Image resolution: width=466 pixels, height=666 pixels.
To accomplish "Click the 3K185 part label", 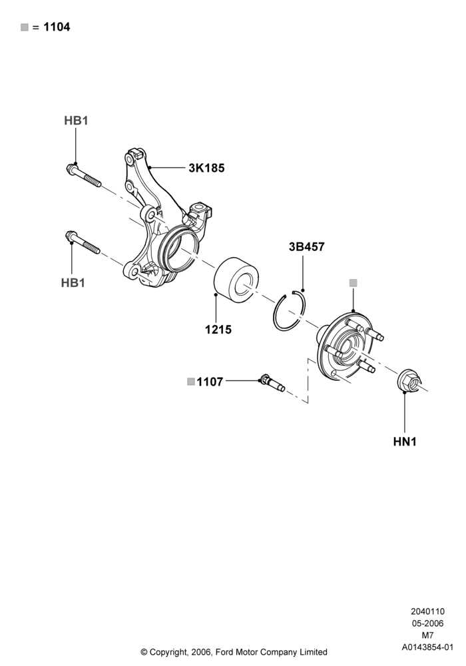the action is click(x=206, y=168).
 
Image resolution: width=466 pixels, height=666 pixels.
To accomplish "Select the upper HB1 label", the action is click(x=76, y=121).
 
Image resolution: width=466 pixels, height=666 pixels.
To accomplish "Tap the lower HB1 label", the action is click(x=73, y=283).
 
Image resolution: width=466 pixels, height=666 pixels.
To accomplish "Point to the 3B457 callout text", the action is click(x=306, y=247).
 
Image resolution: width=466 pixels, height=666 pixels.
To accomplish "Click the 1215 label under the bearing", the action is click(x=218, y=329).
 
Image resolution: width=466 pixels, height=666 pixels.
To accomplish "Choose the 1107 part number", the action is click(x=210, y=382).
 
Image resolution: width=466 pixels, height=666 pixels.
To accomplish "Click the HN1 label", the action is click(x=405, y=442).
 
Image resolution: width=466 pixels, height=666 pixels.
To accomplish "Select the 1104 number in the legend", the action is click(x=57, y=27).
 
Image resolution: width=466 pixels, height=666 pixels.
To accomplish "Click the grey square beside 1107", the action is click(x=191, y=382).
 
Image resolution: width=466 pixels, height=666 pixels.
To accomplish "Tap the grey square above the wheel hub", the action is click(x=353, y=283).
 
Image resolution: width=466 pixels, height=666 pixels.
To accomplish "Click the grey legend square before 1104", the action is click(x=25, y=27).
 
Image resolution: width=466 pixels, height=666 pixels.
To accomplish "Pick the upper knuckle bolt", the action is click(x=84, y=175).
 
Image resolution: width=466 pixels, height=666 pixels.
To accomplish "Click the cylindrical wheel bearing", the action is click(x=235, y=281).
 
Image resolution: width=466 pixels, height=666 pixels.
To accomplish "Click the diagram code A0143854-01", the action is click(x=427, y=647).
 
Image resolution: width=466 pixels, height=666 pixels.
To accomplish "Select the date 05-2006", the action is click(x=427, y=623).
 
